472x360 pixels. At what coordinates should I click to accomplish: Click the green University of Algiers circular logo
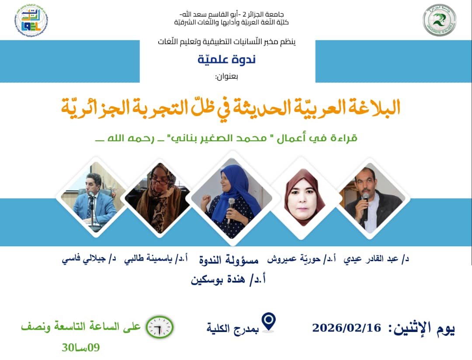coord(439,21)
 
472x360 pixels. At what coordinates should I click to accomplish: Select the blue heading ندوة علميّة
coord(226,59)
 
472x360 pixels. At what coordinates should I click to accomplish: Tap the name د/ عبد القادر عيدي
coord(377,259)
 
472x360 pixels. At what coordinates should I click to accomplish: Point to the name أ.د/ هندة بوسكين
coord(229,279)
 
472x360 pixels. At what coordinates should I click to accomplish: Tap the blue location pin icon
coord(270,322)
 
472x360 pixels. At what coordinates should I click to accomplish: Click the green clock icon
coord(160,327)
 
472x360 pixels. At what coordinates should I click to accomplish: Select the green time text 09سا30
coord(81,347)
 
